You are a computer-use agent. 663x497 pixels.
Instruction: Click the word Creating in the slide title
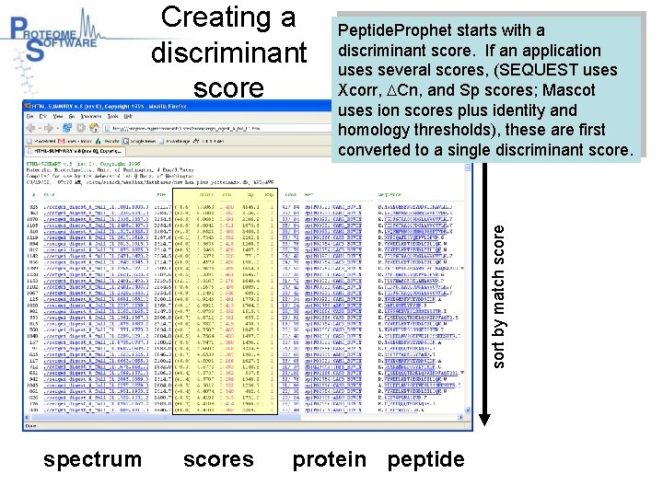tap(228, 17)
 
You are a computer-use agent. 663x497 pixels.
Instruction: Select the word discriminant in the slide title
tap(228, 52)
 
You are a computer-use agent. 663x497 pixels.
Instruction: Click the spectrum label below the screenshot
tap(93, 459)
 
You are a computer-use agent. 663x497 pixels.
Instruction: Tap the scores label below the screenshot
tap(218, 459)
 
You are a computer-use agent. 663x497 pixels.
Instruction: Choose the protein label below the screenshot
tap(330, 459)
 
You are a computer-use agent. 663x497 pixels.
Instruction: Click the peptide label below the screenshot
tap(426, 459)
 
